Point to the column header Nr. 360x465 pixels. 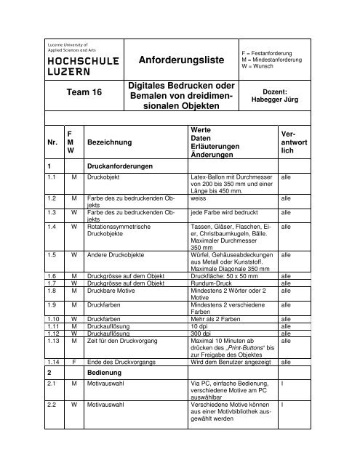point(51,144)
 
